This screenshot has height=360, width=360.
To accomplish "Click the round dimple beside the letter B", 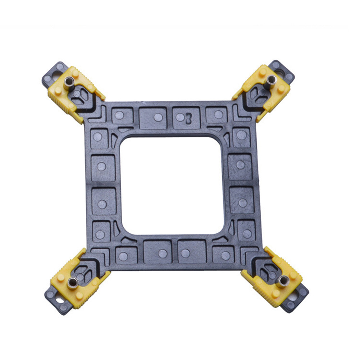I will pyautogui.click(x=180, y=117).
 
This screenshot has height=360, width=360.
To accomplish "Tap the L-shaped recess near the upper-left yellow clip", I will pyautogui.click(x=98, y=114).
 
